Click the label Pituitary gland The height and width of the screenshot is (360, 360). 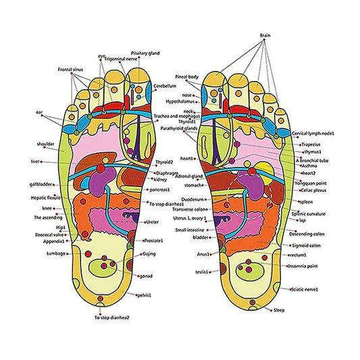point(145,53)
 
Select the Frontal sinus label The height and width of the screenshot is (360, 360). point(71,69)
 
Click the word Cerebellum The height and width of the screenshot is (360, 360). point(165,86)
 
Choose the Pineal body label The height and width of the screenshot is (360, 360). point(186,77)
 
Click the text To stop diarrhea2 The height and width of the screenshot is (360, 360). point(112,317)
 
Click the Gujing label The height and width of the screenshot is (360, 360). point(149,254)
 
